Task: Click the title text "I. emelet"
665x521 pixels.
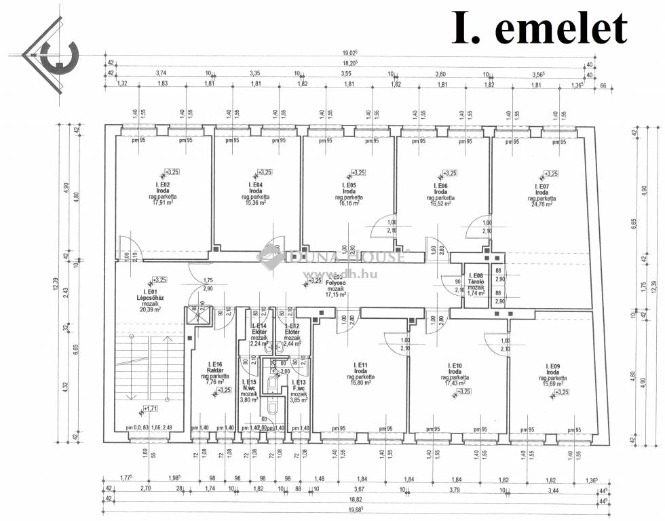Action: (539, 28)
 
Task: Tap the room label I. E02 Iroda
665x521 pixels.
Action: (162, 188)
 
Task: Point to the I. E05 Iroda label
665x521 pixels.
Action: (351, 188)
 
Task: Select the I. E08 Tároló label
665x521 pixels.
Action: (476, 280)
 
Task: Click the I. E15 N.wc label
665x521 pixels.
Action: (250, 386)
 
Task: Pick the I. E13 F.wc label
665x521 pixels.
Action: (299, 386)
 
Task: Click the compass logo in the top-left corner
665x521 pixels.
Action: (51, 53)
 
